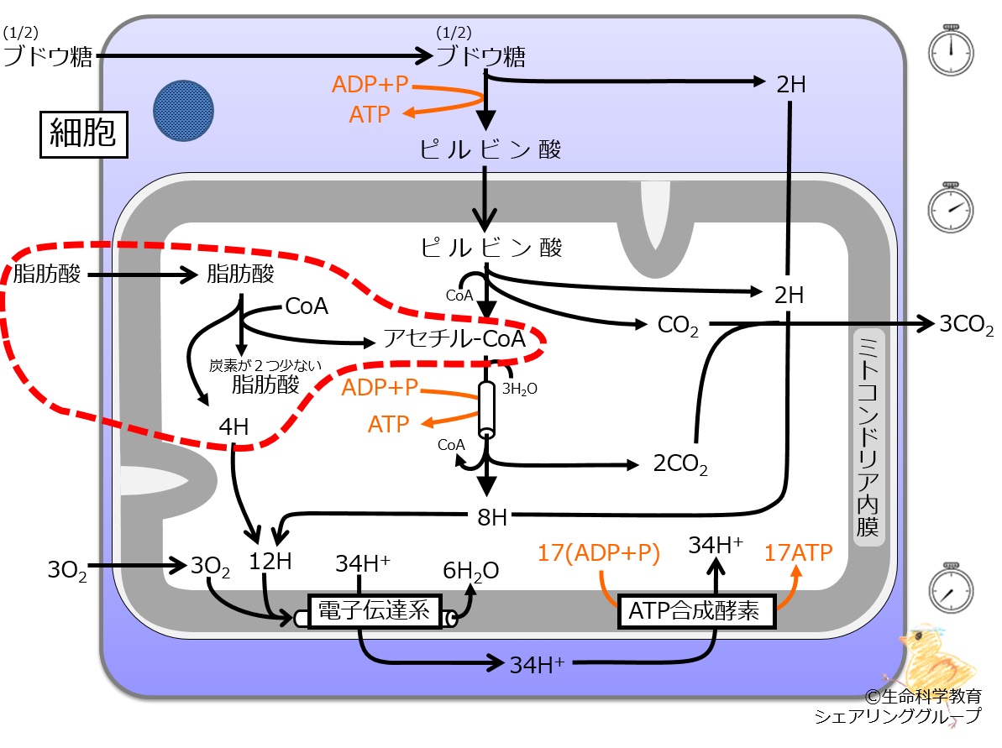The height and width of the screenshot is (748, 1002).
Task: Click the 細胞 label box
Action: coord(84,134)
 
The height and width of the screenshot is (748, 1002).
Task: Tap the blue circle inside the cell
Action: coord(183,111)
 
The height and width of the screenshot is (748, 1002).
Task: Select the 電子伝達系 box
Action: coord(375,611)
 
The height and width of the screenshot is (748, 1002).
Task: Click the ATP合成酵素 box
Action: coord(696,611)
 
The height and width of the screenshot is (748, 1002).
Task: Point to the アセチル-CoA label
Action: coord(454,338)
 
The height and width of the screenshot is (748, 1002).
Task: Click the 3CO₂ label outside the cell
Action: coord(966,325)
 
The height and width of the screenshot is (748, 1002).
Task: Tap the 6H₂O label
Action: coord(471,571)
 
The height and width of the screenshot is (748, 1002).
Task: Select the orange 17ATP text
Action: coord(798,552)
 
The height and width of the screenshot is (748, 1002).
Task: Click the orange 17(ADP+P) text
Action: coord(599,552)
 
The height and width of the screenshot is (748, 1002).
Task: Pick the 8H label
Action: coord(492,517)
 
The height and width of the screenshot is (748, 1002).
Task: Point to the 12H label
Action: coord(270,562)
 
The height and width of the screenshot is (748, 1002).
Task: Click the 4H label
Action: coord(233,426)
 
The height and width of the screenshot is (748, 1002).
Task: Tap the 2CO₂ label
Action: coord(680,463)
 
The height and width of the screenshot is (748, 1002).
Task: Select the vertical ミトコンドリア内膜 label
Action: coord(868,437)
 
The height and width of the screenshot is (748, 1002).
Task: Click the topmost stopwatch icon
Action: coord(951,50)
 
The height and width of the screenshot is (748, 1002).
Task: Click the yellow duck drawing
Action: coord(936,658)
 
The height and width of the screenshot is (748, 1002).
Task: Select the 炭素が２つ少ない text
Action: coord(265,365)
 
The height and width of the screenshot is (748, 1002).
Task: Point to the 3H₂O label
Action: coord(520,389)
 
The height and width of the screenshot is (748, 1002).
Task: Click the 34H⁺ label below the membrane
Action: coord(537,665)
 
